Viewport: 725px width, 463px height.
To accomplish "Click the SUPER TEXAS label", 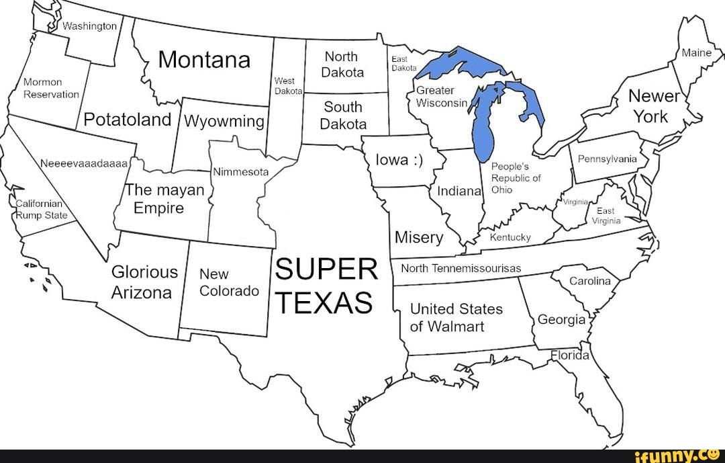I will pos(326,286).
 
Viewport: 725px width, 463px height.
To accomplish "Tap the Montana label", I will pos(204,60).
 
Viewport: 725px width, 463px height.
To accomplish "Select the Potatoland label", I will pos(128,120).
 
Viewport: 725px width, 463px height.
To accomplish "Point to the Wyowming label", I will pos(224,122).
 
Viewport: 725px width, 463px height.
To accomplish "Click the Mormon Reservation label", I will pos(51,88).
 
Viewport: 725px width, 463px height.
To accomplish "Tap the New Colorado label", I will pos(228,283).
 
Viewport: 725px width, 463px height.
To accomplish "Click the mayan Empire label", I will pos(164,199).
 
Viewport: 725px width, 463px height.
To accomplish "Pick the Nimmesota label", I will pos(240,172).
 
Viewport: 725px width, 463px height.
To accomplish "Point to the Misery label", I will pos(418,238).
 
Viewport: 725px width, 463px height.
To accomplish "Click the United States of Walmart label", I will pos(456,318).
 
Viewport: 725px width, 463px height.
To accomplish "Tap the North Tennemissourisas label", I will pos(461,268).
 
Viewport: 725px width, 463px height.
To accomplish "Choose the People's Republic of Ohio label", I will pos(516,178).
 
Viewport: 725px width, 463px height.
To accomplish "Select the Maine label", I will pos(696,52).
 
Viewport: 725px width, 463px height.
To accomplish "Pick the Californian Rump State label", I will pos(42,210).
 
